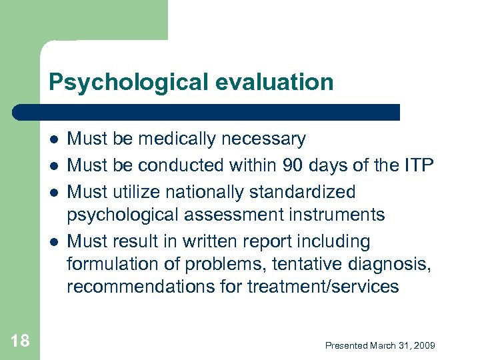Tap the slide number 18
(x=20, y=341)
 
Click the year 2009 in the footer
(x=424, y=345)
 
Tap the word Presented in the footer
(x=346, y=345)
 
